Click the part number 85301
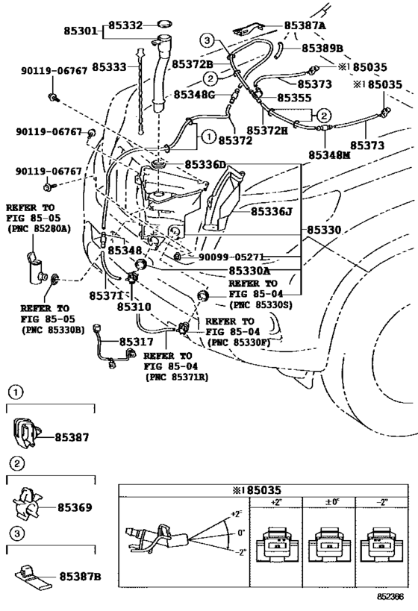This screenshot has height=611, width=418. click(81, 31)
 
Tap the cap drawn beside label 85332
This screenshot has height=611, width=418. click(165, 24)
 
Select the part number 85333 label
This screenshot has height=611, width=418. click(109, 67)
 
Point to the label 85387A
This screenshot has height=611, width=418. click(305, 25)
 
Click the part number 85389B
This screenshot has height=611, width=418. click(322, 48)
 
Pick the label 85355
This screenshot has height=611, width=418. click(294, 98)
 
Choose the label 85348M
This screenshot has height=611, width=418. click(329, 155)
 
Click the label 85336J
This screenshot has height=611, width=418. click(272, 212)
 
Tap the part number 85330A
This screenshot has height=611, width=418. click(249, 270)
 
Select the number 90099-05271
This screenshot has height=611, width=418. click(231, 257)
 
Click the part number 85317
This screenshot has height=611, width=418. click(136, 342)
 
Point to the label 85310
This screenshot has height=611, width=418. click(134, 307)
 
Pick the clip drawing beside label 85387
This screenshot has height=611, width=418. click(27, 433)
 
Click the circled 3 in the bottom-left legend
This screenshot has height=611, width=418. click(16, 533)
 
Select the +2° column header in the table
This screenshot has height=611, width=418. click(276, 502)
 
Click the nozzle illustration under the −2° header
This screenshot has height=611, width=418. click(381, 545)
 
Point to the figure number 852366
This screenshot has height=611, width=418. click(390, 596)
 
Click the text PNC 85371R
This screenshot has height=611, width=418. click(177, 377)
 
